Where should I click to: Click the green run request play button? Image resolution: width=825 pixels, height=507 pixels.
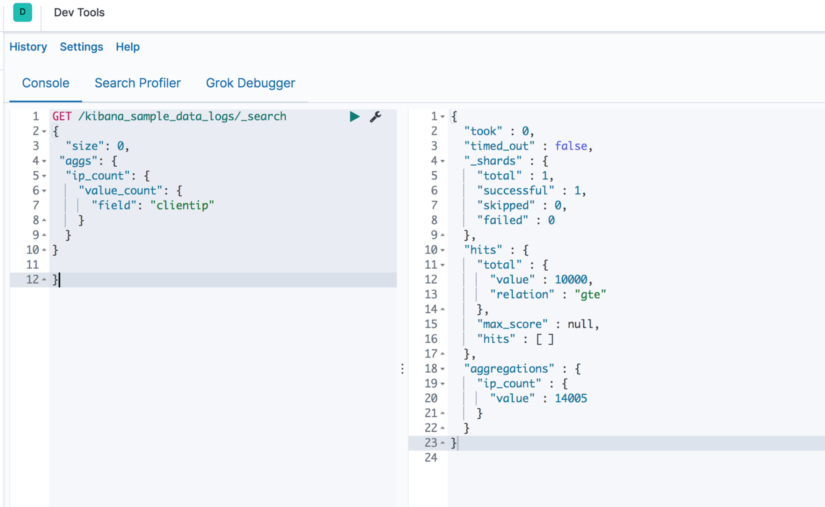click(354, 116)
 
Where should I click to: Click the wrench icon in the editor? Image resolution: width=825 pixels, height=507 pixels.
click(375, 116)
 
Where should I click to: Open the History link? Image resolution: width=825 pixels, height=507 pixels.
click(28, 47)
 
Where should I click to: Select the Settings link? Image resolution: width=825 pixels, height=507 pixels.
click(81, 47)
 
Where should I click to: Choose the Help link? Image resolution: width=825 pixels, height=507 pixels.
click(127, 47)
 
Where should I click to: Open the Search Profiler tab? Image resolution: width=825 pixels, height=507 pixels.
click(137, 83)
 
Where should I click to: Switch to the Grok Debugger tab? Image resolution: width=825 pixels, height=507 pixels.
click(250, 83)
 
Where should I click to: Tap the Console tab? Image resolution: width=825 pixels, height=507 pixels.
click(45, 83)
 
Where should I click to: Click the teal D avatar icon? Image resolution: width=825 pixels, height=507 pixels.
click(22, 12)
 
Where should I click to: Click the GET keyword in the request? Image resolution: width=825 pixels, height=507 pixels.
click(62, 116)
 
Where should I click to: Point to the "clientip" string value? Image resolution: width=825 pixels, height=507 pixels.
click(182, 205)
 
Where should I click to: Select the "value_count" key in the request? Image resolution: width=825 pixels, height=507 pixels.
click(120, 190)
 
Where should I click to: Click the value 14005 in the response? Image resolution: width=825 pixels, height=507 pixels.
click(570, 398)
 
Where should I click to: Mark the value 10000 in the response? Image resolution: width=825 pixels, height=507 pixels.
click(570, 279)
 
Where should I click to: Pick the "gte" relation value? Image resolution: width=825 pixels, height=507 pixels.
click(590, 294)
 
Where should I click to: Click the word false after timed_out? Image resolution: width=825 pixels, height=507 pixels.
click(571, 146)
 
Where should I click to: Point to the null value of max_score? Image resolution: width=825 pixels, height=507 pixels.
click(580, 324)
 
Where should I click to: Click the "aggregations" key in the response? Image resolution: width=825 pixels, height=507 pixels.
click(509, 368)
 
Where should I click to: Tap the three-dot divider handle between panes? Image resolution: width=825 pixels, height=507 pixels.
click(402, 369)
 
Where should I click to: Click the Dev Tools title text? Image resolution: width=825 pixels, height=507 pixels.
click(79, 12)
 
